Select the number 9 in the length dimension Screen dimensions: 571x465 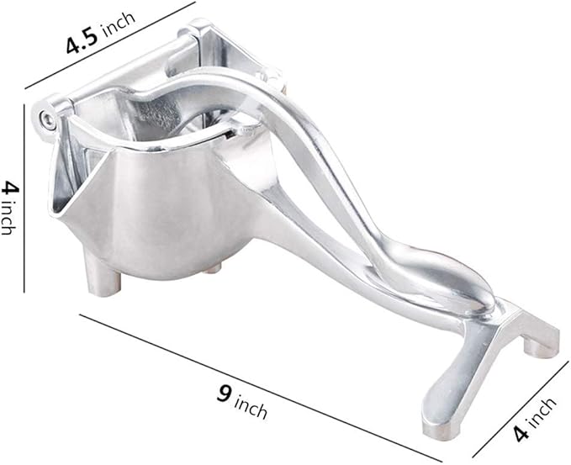tap(224, 394)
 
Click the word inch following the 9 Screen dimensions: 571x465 tap(251, 407)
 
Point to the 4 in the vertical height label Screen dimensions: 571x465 tap(9, 189)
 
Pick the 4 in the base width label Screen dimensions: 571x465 tap(522, 433)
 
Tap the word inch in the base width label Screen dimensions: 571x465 tap(542, 413)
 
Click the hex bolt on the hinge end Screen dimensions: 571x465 tap(45, 118)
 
